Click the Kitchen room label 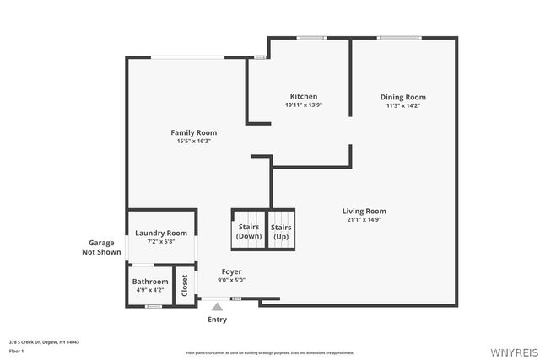304,96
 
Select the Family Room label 193,132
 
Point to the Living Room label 364,211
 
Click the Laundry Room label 160,233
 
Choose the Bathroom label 150,282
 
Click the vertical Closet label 185,285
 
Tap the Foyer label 231,271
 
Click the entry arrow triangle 217,307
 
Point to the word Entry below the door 217,320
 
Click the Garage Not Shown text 100,247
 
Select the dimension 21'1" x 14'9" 364,219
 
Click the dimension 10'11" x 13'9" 304,105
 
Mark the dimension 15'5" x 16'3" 193,141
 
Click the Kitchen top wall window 311,37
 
